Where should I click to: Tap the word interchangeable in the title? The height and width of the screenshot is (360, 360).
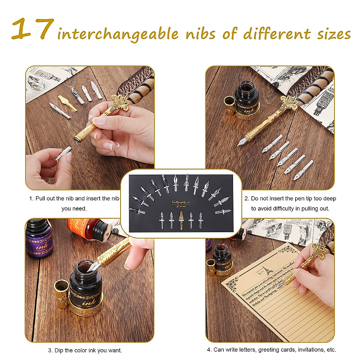pyautogui.click(x=118, y=34)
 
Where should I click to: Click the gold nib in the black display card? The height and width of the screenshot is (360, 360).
pyautogui.click(x=181, y=220)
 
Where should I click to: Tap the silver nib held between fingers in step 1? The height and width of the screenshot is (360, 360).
pyautogui.click(x=64, y=153)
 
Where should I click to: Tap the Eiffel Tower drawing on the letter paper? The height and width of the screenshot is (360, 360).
pyautogui.click(x=264, y=270)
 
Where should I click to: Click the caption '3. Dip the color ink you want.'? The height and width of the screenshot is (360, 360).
pyautogui.click(x=85, y=350)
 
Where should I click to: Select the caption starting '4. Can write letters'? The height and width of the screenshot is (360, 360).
pyautogui.click(x=271, y=349)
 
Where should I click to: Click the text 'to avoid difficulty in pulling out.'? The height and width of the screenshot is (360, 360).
pyautogui.click(x=290, y=208)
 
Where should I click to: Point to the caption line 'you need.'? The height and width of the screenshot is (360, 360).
pyautogui.click(x=74, y=208)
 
